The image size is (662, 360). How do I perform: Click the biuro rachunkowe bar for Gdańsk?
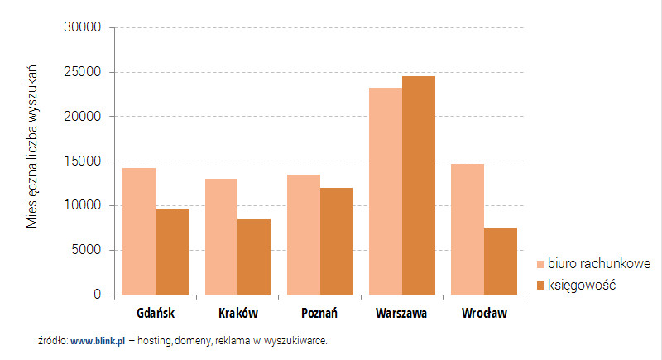(x=139, y=231)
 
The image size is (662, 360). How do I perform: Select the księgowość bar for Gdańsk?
(x=172, y=252)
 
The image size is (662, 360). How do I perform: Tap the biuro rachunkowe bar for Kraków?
(x=221, y=237)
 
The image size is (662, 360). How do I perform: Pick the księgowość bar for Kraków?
(x=254, y=257)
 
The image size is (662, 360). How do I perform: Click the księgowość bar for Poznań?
(x=336, y=241)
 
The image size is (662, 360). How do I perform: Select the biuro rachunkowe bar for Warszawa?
(x=386, y=191)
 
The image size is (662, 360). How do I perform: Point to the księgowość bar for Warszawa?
(x=419, y=185)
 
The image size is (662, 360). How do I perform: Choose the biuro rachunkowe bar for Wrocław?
(x=468, y=229)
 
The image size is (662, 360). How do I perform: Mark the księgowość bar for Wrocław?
(x=501, y=261)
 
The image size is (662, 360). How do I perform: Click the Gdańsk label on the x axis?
(x=156, y=314)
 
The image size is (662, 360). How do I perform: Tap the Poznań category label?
(x=319, y=314)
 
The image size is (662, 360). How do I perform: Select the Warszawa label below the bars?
(x=401, y=314)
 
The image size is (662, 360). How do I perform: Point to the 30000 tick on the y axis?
(x=82, y=27)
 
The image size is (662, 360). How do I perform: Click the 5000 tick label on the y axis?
(x=85, y=250)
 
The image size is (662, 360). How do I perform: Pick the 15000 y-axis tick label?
(x=82, y=161)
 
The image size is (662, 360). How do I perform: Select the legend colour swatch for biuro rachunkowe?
(x=541, y=264)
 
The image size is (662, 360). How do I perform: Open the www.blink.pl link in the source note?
(x=98, y=340)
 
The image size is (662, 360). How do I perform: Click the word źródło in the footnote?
(x=52, y=340)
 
